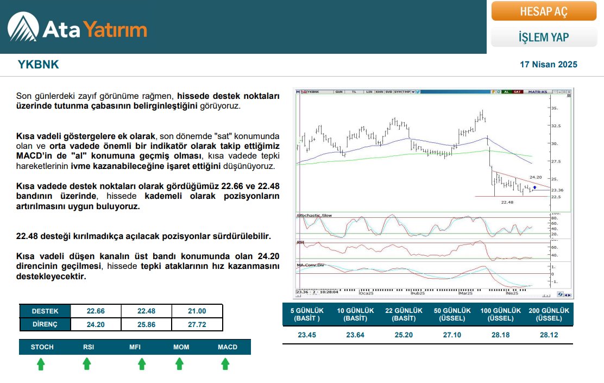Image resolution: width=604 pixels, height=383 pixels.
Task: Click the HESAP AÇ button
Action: (544, 11)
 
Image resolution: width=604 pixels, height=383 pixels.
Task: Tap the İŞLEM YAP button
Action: (544, 37)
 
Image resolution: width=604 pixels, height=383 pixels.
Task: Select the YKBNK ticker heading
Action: (38, 65)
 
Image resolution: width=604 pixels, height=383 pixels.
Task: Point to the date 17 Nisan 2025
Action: (548, 65)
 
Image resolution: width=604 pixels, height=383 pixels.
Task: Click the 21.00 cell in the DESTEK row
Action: (197, 311)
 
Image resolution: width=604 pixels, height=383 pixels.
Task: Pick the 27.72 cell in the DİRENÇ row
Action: (197, 324)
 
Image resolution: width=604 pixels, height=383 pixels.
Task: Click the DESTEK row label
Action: (45, 311)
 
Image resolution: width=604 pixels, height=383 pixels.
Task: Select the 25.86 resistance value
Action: (146, 324)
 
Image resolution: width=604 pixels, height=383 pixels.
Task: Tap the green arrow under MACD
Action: (225, 365)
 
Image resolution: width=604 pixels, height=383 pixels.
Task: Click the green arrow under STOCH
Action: (41, 365)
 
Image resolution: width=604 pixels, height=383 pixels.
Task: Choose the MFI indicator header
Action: (135, 347)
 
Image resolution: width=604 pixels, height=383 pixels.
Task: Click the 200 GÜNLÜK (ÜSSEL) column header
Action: (549, 314)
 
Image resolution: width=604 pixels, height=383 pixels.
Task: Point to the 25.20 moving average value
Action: (404, 335)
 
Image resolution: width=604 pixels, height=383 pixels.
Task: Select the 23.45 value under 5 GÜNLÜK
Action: (307, 335)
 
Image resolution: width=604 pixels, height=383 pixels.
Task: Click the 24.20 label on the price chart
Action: (536, 177)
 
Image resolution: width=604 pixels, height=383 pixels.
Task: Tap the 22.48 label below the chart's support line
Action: (507, 202)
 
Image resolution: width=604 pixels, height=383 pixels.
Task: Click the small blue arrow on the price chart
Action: (534, 187)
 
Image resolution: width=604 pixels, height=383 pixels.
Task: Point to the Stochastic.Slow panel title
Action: (314, 216)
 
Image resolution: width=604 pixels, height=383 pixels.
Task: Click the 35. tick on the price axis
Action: (554, 109)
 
